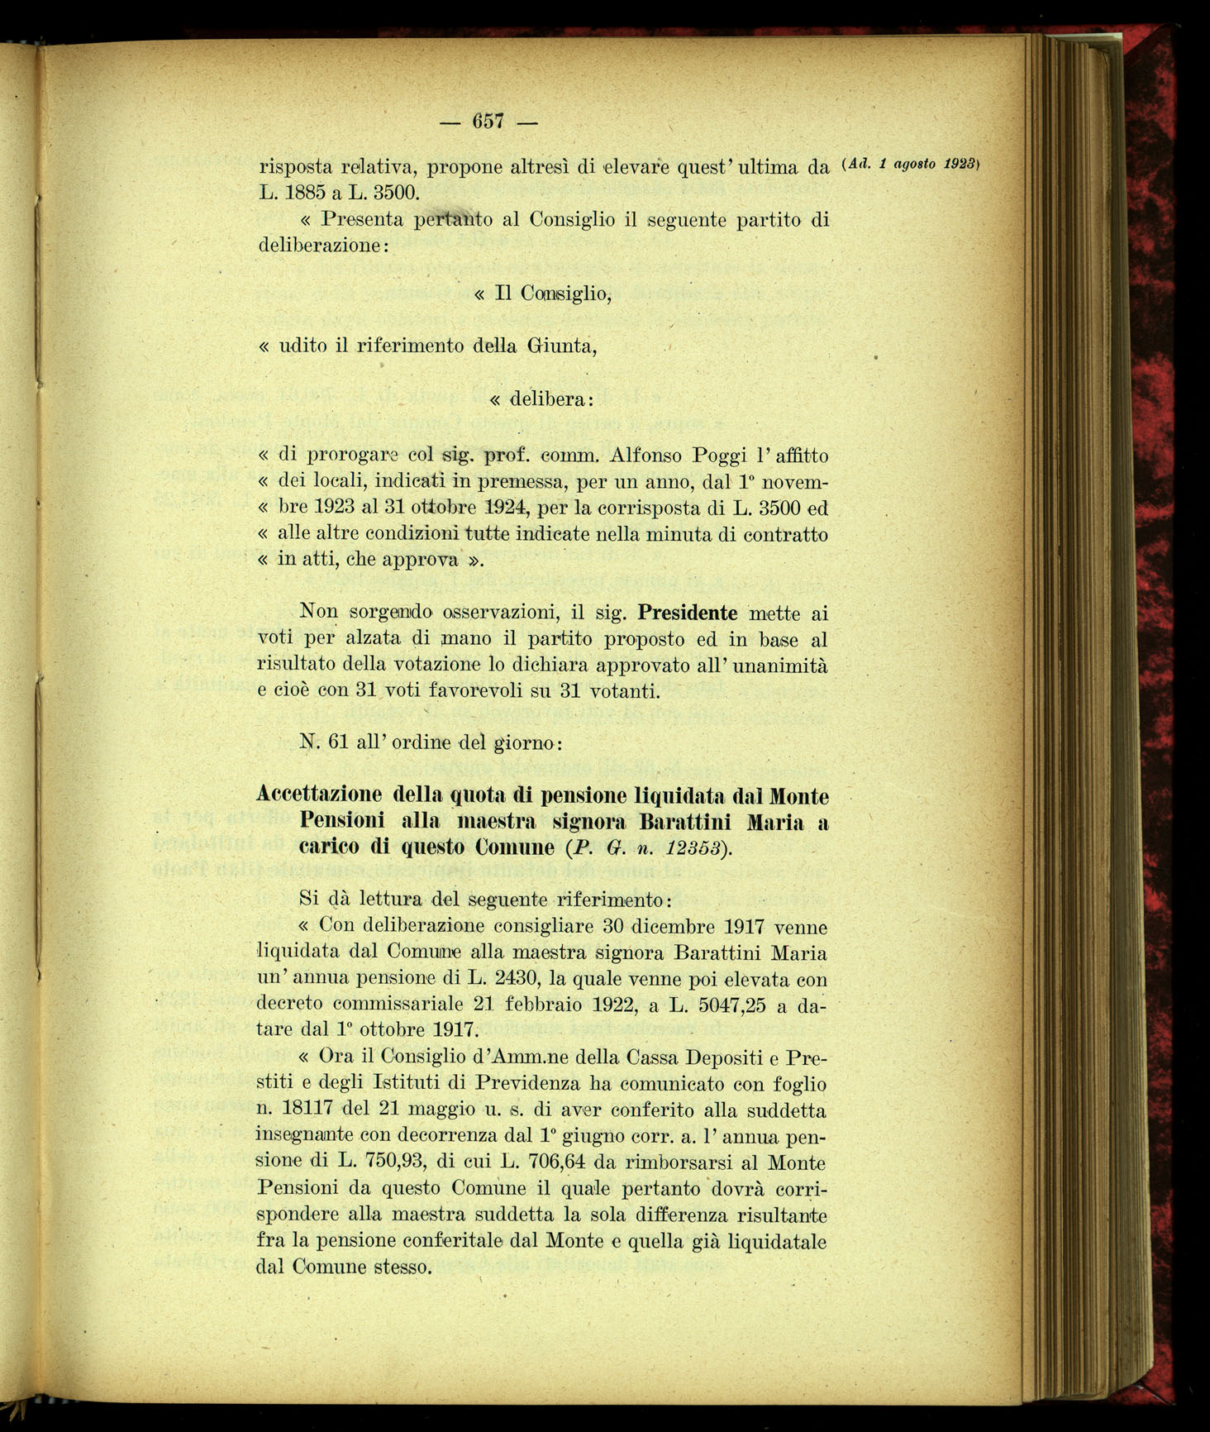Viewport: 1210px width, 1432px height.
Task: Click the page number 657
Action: pyautogui.click(x=488, y=121)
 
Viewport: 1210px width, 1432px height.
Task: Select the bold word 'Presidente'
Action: pyautogui.click(x=688, y=613)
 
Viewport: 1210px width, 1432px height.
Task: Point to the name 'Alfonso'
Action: pyautogui.click(x=645, y=456)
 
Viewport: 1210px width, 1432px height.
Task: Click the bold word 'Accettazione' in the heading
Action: pyautogui.click(x=319, y=795)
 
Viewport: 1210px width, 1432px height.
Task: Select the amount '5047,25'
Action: pyautogui.click(x=718, y=1004)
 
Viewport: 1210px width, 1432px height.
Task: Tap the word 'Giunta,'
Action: pyautogui.click(x=561, y=346)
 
